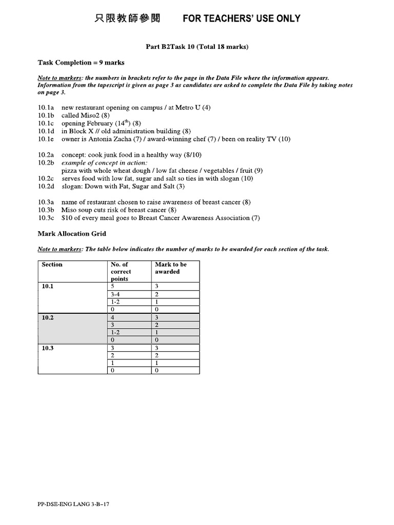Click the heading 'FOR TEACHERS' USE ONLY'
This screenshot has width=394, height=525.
pyautogui.click(x=242, y=19)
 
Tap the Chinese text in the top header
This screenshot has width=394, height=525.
pyautogui.click(x=128, y=19)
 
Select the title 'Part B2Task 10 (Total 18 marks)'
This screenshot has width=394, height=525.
pyautogui.click(x=197, y=47)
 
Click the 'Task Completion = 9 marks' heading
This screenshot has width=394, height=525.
pyautogui.click(x=81, y=63)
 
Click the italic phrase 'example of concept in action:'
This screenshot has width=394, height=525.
pyautogui.click(x=104, y=163)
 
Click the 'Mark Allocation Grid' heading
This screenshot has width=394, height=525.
pyautogui.click(x=72, y=234)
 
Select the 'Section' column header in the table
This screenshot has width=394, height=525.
pyautogui.click(x=52, y=265)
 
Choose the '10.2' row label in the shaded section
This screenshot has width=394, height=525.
pyautogui.click(x=48, y=318)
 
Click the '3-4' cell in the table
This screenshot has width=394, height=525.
pyautogui.click(x=115, y=295)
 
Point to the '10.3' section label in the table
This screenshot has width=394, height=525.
pyautogui.click(x=48, y=348)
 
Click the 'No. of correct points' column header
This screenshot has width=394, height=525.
pyautogui.click(x=121, y=272)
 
